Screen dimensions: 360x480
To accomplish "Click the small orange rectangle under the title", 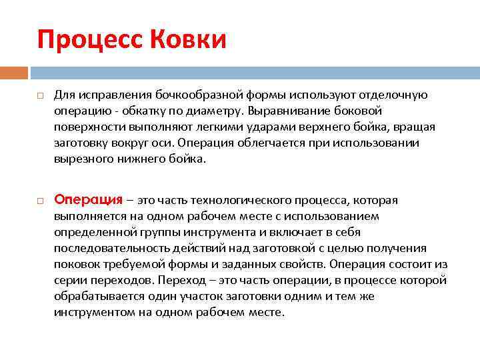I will point(14,72).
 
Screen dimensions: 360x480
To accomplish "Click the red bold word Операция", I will point(88,200).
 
